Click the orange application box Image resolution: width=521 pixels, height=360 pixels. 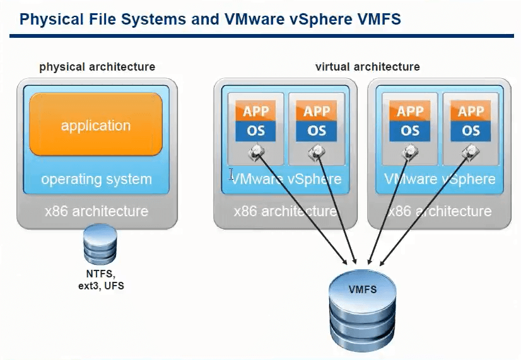click(96, 125)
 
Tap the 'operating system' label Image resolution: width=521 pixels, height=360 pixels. click(96, 179)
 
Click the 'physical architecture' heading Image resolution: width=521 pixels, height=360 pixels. click(97, 67)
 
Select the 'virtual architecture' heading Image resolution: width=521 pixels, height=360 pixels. click(367, 67)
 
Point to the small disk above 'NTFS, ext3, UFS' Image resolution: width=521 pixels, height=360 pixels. click(100, 246)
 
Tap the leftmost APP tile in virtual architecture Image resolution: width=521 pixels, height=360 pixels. click(255, 112)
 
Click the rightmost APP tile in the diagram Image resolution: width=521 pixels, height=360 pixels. click(471, 112)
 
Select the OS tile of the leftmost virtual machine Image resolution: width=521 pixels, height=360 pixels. click(255, 131)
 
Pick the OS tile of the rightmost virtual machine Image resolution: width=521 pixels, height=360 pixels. click(471, 131)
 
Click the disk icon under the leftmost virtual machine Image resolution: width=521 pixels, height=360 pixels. click(256, 151)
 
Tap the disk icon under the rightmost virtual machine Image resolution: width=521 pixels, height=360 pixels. click(470, 151)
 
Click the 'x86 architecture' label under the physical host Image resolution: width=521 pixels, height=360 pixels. click(96, 211)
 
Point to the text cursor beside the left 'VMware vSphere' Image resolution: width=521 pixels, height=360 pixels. click(231, 175)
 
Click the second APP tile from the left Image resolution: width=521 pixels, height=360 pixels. click(317, 112)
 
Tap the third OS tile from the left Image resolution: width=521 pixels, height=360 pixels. click(410, 131)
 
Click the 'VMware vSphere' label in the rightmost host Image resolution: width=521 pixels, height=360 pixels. click(440, 179)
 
